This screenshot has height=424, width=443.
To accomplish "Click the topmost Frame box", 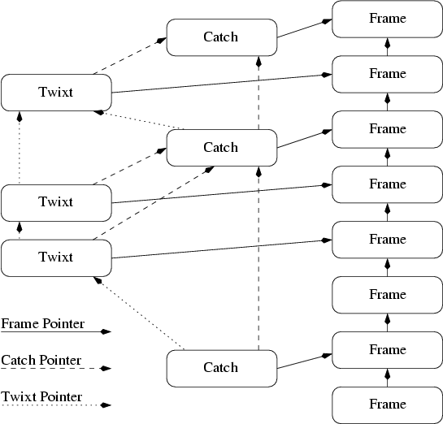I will pyautogui.click(x=387, y=18).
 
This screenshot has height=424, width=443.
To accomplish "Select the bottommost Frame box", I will pyautogui.click(x=387, y=405).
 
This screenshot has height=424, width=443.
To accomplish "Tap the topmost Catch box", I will pyautogui.click(x=221, y=37).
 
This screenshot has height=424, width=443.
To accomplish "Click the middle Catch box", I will pyautogui.click(x=221, y=147).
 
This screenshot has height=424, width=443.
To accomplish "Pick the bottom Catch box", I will pyautogui.click(x=221, y=368).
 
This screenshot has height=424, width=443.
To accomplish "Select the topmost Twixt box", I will pyautogui.click(x=56, y=92).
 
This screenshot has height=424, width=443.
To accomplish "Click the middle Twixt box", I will pyautogui.click(x=56, y=202).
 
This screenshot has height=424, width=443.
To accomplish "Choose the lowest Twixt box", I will pyautogui.click(x=56, y=257).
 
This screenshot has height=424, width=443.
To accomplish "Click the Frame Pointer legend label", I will pyautogui.click(x=42, y=324).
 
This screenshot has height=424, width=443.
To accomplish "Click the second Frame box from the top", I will pyautogui.click(x=387, y=73).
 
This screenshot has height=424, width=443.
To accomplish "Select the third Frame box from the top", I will pyautogui.click(x=387, y=128).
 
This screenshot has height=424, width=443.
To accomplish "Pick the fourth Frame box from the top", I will pyautogui.click(x=387, y=184).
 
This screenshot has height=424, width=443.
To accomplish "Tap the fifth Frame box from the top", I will pyautogui.click(x=387, y=239).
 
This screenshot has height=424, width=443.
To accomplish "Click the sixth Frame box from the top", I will pyautogui.click(x=387, y=294).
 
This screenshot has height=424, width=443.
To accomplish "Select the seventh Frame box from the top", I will pyautogui.click(x=387, y=349).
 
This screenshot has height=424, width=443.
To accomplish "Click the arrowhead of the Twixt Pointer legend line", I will pyautogui.click(x=106, y=405).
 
